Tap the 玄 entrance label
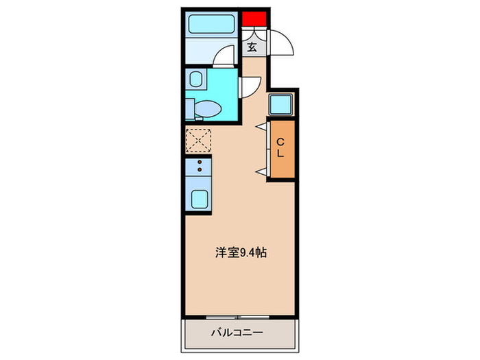(x=252, y=47)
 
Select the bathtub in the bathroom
(x=212, y=27)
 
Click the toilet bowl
(x=206, y=108)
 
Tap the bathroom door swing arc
(x=224, y=57)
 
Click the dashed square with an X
(x=199, y=141)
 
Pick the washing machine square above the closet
(x=280, y=104)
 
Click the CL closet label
(x=280, y=148)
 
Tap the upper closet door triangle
(x=261, y=126)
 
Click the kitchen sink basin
(x=200, y=199)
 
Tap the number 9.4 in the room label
(x=249, y=252)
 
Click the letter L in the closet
(x=280, y=155)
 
